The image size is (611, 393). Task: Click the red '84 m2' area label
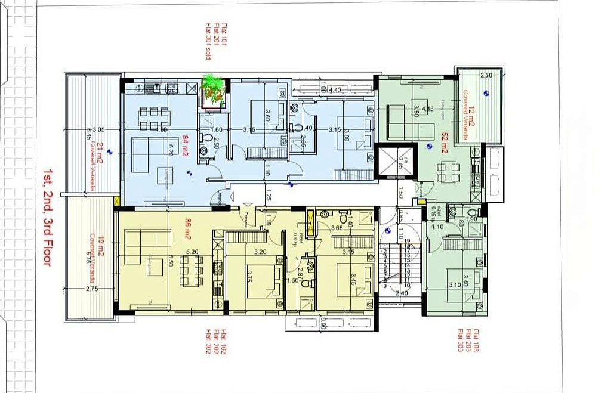pos(186,146)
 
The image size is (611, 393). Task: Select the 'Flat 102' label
pos(224,341)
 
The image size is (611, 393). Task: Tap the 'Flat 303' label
pos(461,341)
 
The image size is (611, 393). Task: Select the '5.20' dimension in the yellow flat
pos(192,252)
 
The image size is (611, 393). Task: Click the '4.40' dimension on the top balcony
pos(334,90)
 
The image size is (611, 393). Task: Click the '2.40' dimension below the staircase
pos(402,293)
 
